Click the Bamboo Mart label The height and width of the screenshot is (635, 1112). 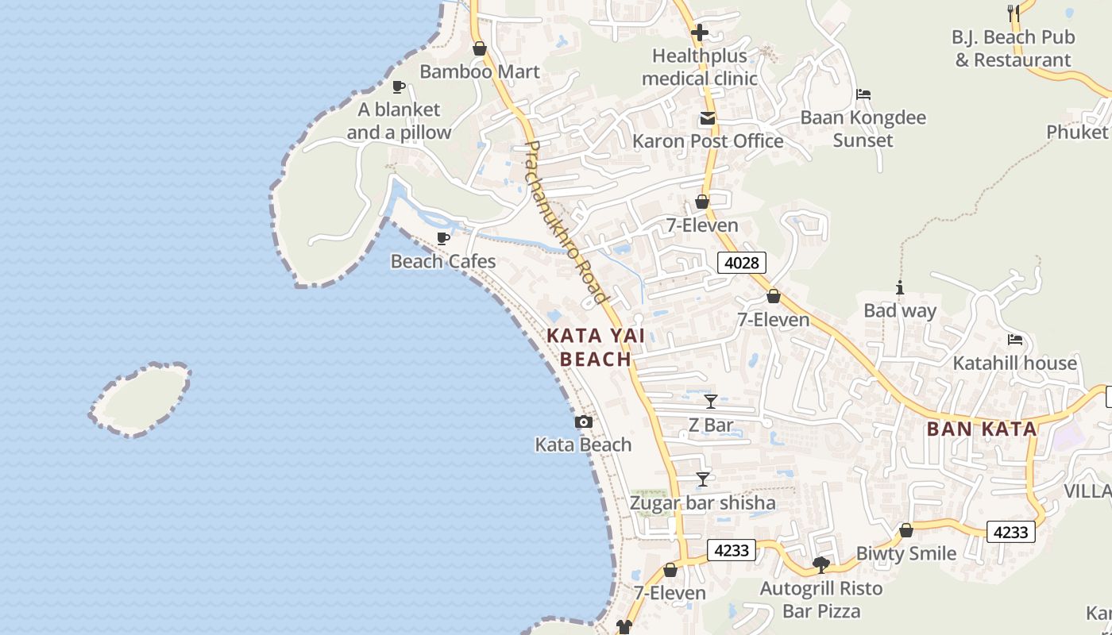479,71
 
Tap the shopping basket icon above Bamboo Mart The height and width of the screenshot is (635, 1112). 479,48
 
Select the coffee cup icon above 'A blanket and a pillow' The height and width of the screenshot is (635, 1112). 399,87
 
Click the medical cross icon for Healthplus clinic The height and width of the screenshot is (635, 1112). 700,33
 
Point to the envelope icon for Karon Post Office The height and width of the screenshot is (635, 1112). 707,119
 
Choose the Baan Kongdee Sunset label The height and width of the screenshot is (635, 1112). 863,129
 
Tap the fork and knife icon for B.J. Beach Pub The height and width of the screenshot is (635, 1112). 1013,13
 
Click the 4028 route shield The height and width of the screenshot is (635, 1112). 741,262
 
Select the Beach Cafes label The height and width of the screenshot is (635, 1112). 442,261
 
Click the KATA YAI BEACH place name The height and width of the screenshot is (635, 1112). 596,348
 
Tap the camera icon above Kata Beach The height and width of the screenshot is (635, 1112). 584,421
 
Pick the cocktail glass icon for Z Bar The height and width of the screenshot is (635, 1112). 711,401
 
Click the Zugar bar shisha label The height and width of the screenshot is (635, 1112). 702,502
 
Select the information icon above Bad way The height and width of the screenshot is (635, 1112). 900,287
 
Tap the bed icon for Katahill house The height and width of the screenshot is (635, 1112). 1014,340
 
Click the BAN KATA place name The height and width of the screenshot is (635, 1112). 982,429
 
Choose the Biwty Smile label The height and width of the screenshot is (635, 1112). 905,553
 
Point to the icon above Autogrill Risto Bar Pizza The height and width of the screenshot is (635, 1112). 821,565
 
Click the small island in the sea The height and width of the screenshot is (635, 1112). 141,399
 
